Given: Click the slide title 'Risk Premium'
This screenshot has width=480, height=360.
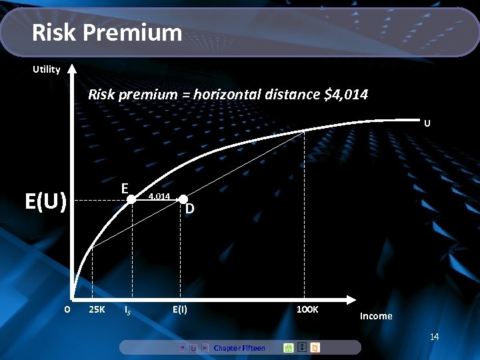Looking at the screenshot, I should pos(107,32).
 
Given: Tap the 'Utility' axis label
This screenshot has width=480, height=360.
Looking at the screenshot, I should pos(47,69).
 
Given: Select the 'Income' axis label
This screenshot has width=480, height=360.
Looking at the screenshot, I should pos(376,316).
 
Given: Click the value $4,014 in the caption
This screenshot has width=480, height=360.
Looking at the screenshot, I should pos(345,95).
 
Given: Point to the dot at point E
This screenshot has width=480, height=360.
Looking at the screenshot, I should pos(131,199).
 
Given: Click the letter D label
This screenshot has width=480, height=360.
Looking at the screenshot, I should pos(190,209).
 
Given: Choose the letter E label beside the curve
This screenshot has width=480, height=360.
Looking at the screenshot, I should pos(125,188).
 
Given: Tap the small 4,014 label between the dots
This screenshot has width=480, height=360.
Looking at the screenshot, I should pos(159,197).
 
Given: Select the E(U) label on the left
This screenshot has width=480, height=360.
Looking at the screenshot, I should pos(45,201).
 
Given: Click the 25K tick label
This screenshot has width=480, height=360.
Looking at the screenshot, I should pos(97,310).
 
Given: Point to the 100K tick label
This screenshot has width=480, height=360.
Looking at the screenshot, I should pos(307,310).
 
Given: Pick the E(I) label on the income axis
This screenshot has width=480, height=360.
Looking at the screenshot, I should pos(179,310).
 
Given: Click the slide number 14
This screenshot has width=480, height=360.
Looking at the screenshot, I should pos(434,337).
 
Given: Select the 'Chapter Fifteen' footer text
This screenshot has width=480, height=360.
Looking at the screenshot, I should pos(239,348).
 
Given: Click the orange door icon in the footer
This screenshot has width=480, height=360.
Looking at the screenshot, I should pos(315,347).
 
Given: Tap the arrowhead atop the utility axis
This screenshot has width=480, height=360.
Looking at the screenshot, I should pos(72,67).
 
